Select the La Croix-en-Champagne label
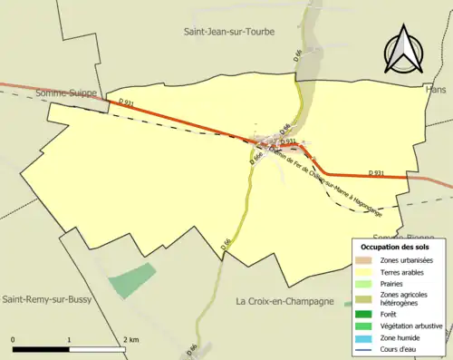pyautogui.click(x=284, y=301)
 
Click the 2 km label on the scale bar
pyautogui.click(x=132, y=339)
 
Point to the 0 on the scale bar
pyautogui.click(x=14, y=339)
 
